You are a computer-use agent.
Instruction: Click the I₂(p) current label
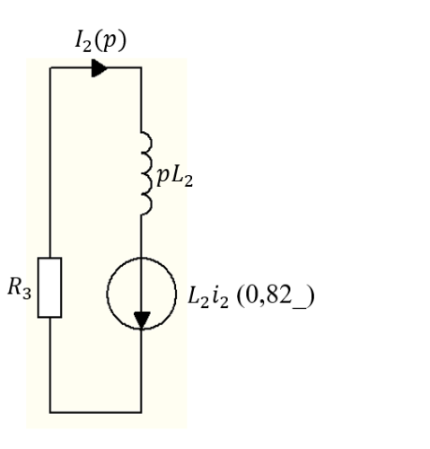[101, 41]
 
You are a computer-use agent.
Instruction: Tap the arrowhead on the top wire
[100, 68]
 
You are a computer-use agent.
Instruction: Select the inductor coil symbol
[146, 173]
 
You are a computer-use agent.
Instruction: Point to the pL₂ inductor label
[175, 177]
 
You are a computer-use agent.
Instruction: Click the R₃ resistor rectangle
[49, 287]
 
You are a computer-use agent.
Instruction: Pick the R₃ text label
[19, 288]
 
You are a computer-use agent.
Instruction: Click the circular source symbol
[142, 294]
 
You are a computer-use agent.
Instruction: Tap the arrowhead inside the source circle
[142, 320]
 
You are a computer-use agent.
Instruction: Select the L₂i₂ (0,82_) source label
[250, 296]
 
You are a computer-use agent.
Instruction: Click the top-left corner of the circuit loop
[50, 68]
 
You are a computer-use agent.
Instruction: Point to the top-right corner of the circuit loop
[141, 68]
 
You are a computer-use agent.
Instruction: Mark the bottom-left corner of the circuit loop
[50, 412]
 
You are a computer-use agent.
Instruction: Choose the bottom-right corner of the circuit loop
[141, 412]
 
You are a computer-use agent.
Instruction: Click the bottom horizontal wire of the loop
[96, 412]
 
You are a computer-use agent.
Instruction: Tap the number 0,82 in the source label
[266, 295]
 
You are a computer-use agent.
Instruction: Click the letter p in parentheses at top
[109, 41]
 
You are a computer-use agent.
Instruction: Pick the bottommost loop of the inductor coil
[146, 205]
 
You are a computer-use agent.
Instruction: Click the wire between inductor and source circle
[141, 236]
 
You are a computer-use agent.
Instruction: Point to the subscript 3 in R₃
[27, 294]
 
